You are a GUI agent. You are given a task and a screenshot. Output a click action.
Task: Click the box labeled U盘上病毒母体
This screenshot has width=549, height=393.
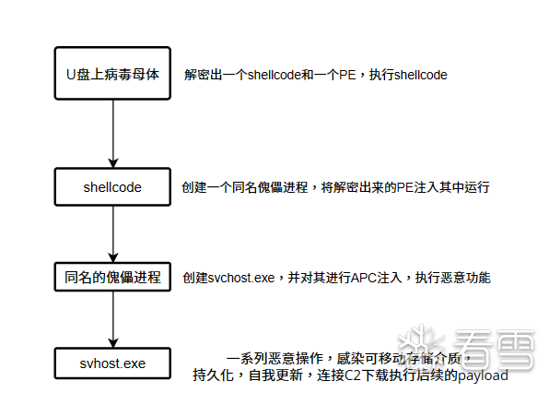tap(112, 73)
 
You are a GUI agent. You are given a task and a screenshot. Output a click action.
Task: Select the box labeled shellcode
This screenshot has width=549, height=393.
tap(112, 187)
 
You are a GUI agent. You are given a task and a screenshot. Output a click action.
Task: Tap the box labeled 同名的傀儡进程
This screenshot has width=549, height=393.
tap(112, 277)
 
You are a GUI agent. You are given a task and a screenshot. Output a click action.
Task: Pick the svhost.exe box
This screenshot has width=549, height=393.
tap(112, 363)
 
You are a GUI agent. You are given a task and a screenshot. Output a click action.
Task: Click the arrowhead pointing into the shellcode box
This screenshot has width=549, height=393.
tap(112, 163)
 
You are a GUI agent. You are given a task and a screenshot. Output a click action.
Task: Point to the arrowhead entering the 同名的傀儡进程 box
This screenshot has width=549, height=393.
tap(112, 257)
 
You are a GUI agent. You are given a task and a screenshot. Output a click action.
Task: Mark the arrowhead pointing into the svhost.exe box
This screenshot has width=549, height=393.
tap(112, 343)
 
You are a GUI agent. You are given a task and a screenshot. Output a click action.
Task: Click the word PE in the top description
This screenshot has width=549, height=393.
tap(347, 75)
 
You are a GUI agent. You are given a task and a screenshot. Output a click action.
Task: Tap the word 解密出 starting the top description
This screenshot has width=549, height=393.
tap(203, 75)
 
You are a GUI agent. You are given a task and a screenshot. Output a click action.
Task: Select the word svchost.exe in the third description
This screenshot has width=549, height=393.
tap(241, 278)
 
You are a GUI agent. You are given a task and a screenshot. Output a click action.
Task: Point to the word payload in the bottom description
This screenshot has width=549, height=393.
tap(484, 375)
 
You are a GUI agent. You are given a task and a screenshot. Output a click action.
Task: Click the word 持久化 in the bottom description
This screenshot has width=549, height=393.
tap(213, 375)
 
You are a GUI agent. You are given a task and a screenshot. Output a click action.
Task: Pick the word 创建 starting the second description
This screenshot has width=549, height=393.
tap(194, 187)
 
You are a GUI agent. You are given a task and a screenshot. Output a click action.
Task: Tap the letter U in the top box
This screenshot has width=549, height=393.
tap(71, 75)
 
